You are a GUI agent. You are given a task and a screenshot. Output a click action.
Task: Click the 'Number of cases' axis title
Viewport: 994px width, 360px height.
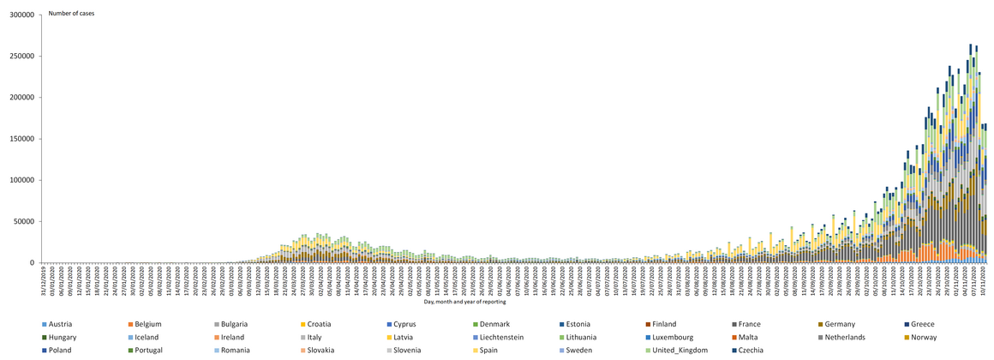click(71, 14)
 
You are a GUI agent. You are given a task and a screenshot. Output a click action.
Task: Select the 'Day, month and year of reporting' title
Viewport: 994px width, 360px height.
click(464, 301)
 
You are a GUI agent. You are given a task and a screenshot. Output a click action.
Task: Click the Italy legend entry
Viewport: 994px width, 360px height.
click(320, 337)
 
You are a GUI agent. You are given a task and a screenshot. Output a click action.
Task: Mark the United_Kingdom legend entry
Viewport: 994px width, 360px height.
click(675, 351)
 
